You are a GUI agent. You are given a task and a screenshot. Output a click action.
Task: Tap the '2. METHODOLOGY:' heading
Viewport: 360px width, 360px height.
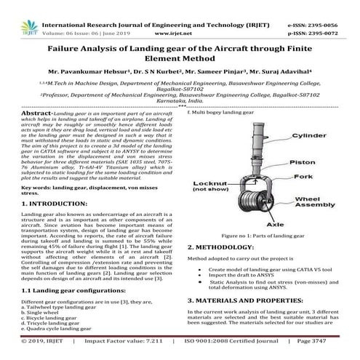point(225,246)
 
